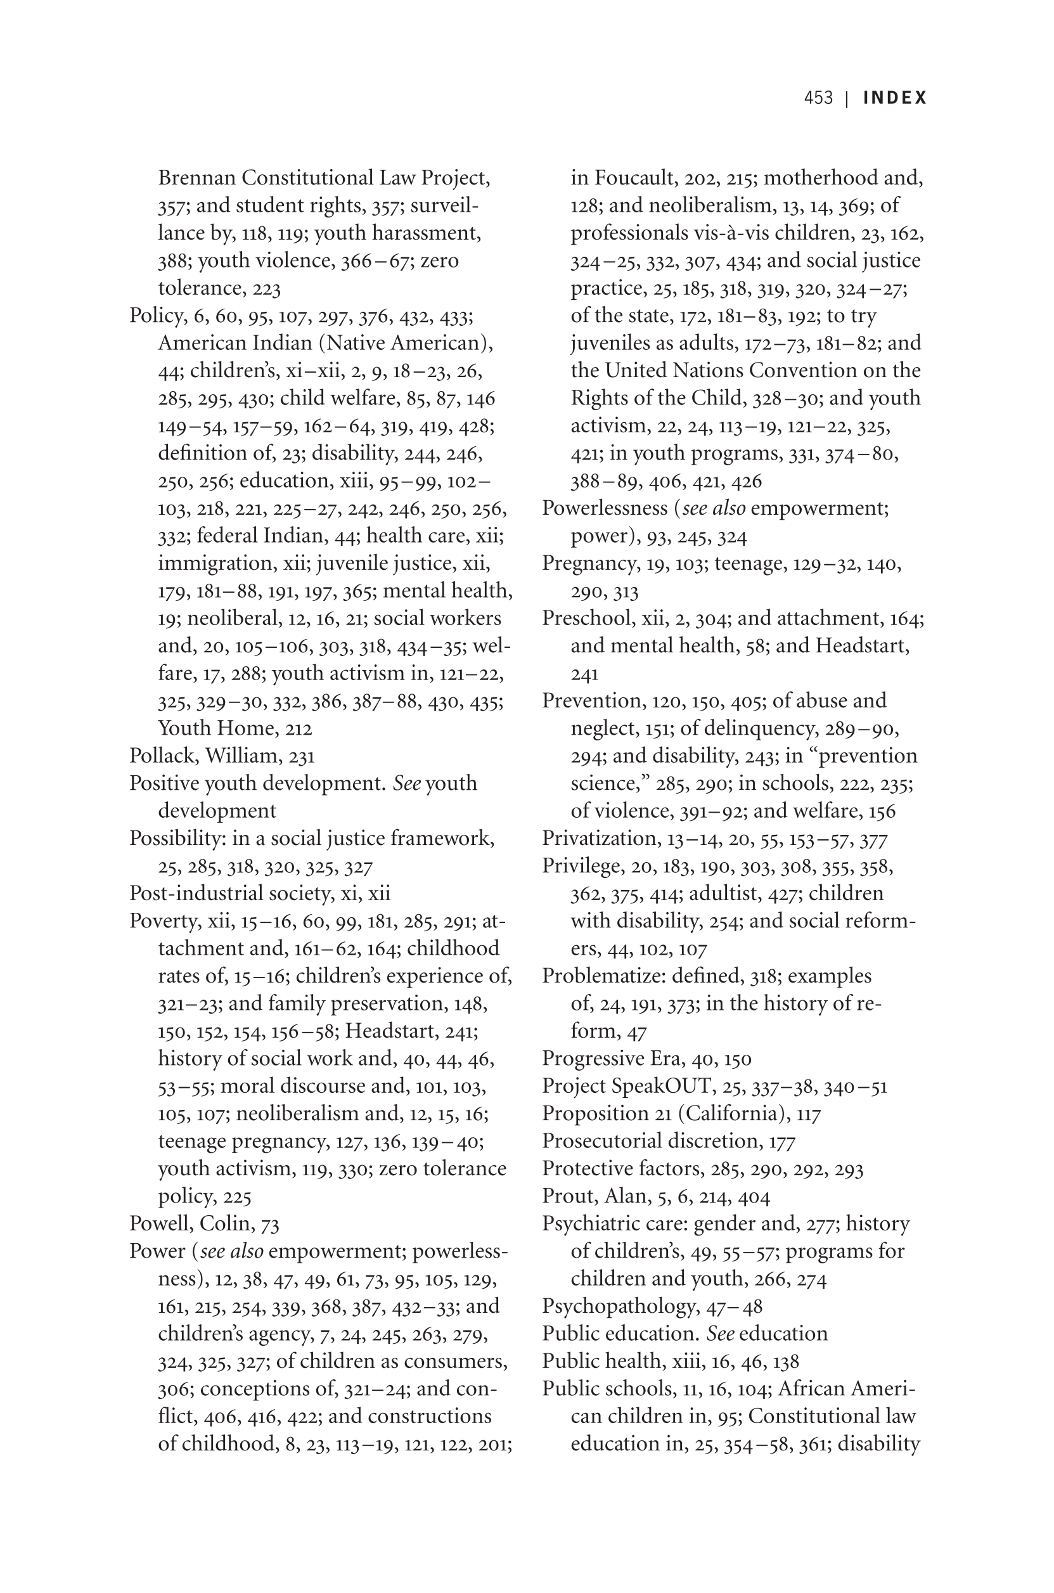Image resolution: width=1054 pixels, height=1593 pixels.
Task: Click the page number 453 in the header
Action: pos(818,98)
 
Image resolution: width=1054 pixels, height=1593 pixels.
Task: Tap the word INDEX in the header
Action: pos(895,98)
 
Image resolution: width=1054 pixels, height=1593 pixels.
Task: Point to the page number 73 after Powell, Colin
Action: pos(269,1224)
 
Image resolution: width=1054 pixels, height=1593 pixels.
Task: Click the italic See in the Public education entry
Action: pos(720,1334)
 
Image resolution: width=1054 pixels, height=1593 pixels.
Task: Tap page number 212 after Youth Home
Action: pos(299,728)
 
